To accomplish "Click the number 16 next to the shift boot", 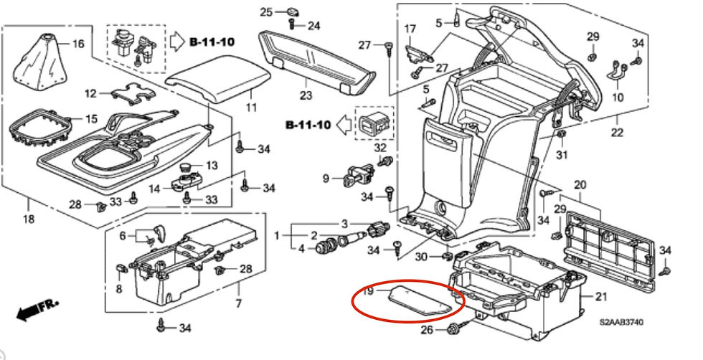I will pos(77,44).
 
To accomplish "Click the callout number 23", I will pos(306,95).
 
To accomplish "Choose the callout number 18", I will pos(28,219).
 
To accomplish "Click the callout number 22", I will pos(617,132).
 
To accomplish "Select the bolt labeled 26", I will pos(455,331).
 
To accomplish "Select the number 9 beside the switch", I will pos(325,178).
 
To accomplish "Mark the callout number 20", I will pos(580,185).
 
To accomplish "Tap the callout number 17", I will pos(410,29).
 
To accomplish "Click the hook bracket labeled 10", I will pos(618,70).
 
